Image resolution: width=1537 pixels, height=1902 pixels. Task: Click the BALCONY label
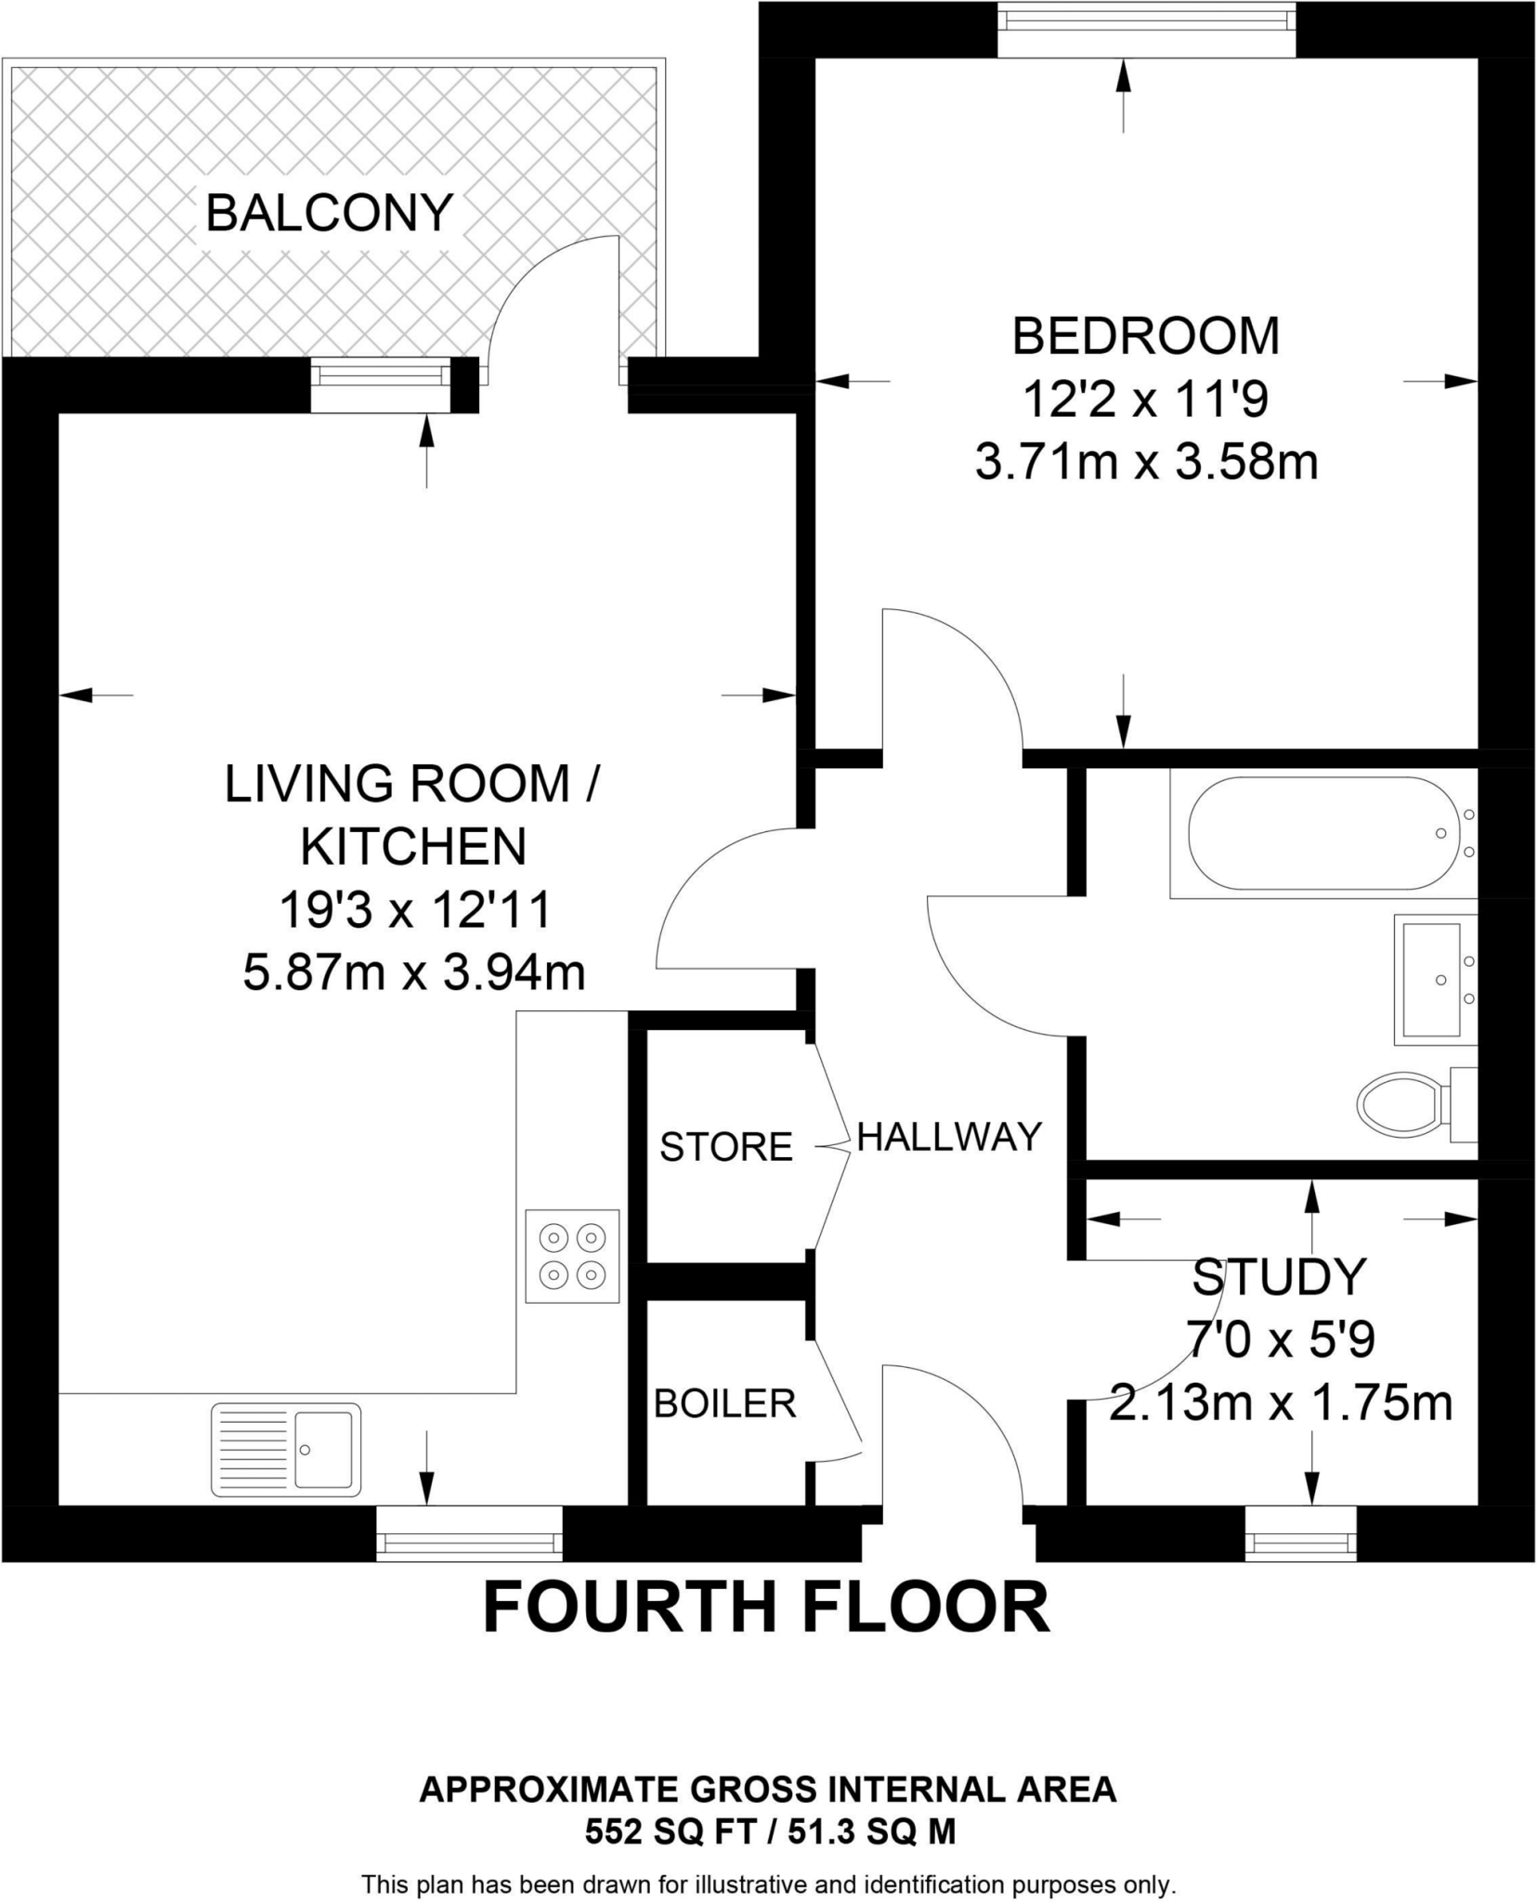(329, 213)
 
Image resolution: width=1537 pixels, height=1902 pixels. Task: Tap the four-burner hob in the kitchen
(572, 1256)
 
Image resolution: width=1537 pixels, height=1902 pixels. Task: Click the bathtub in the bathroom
(1320, 833)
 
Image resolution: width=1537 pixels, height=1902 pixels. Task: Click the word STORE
(725, 1148)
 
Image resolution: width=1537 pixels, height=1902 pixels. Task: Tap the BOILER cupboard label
(724, 1403)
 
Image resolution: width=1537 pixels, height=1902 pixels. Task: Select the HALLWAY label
(949, 1137)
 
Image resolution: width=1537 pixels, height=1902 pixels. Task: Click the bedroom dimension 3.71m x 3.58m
(1146, 462)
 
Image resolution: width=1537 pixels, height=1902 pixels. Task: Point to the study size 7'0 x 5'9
(1281, 1340)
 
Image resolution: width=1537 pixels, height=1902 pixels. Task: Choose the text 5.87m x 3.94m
(414, 973)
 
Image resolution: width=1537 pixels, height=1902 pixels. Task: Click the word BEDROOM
(1146, 335)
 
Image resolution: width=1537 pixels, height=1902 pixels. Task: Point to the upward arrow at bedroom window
(1124, 93)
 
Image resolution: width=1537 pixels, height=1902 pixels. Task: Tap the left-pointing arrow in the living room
(93, 694)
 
